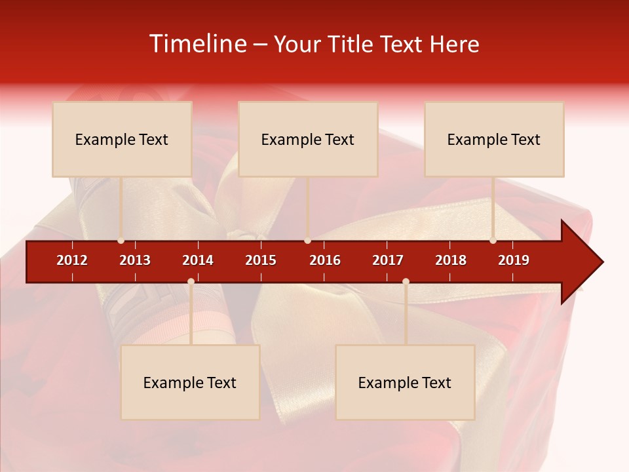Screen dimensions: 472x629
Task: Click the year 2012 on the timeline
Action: (72, 260)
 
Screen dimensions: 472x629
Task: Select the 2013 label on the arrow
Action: (135, 260)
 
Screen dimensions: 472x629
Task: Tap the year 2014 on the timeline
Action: (198, 260)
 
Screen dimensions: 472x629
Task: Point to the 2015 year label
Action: (261, 260)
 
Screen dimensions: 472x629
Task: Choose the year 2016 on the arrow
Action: (325, 260)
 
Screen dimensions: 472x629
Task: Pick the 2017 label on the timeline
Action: (388, 260)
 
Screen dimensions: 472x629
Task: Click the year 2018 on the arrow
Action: (451, 260)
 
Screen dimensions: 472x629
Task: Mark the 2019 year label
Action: (514, 260)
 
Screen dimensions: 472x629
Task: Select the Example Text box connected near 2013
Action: (122, 139)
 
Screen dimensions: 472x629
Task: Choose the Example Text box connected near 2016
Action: (308, 139)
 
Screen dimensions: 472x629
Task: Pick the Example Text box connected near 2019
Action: (494, 139)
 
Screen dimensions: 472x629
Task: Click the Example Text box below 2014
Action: (190, 382)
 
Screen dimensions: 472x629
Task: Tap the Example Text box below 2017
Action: (405, 382)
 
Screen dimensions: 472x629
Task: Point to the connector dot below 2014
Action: (191, 281)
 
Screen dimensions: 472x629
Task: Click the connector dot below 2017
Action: (406, 281)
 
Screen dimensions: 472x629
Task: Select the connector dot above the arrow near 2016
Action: (307, 241)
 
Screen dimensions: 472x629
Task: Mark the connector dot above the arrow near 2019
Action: (493, 241)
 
